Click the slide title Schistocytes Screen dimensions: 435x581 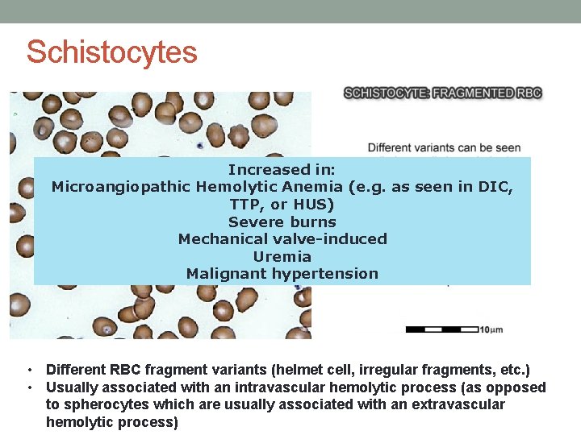tap(111, 52)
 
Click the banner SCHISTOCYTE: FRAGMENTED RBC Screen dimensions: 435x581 tap(443, 93)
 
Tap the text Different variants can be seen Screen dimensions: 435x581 tap(444, 148)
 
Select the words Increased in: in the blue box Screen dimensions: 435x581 tap(282, 170)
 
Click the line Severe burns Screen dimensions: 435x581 tap(282, 222)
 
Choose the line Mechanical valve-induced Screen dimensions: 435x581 tap(282, 239)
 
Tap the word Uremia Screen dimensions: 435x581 tap(282, 257)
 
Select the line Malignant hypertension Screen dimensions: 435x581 tap(282, 274)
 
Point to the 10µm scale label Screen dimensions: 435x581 tap(491, 329)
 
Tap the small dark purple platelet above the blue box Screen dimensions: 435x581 tap(199, 147)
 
